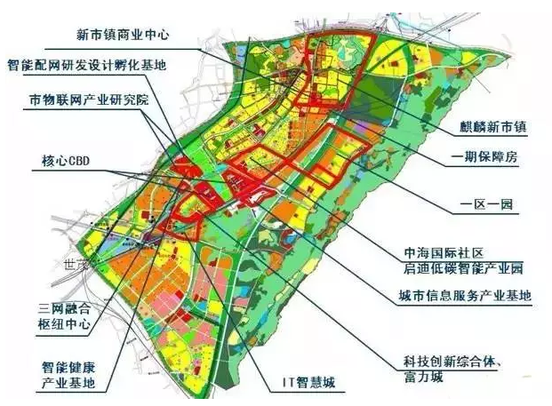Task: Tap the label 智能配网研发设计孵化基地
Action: click(x=85, y=66)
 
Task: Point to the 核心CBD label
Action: click(x=68, y=162)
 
